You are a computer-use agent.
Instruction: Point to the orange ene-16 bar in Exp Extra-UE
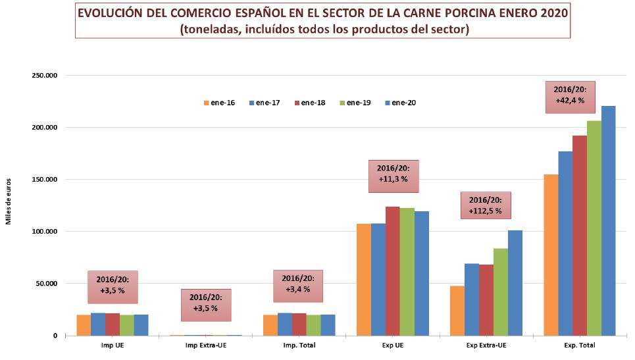[457, 311]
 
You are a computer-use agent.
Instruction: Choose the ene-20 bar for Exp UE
[421, 273]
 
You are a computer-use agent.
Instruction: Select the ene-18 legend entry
[309, 103]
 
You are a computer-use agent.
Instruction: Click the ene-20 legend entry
[399, 103]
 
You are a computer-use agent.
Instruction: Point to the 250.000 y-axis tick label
[45, 76]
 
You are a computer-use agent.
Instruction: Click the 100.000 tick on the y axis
[45, 232]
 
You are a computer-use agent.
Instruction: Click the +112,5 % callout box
[486, 205]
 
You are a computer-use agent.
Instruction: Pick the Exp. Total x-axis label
[579, 345]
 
